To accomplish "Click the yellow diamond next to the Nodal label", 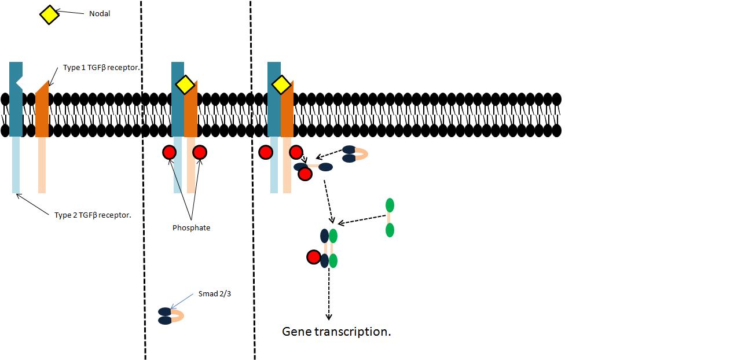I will click(x=49, y=15).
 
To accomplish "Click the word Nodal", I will click(x=100, y=13).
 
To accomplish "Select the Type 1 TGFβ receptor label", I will click(x=102, y=68).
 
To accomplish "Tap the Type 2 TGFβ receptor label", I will click(x=93, y=215).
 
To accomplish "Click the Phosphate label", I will click(x=191, y=228).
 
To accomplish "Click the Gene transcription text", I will click(x=336, y=332).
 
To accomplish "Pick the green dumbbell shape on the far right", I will click(x=390, y=218).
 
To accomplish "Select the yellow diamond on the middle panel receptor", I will click(x=185, y=85).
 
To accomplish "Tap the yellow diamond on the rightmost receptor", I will click(x=281, y=85).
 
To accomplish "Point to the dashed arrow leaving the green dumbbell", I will click(x=362, y=219).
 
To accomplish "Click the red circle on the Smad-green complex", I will click(x=313, y=257).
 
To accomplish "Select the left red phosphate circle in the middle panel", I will click(x=169, y=153).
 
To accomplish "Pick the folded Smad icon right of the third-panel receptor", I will click(x=354, y=154).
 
